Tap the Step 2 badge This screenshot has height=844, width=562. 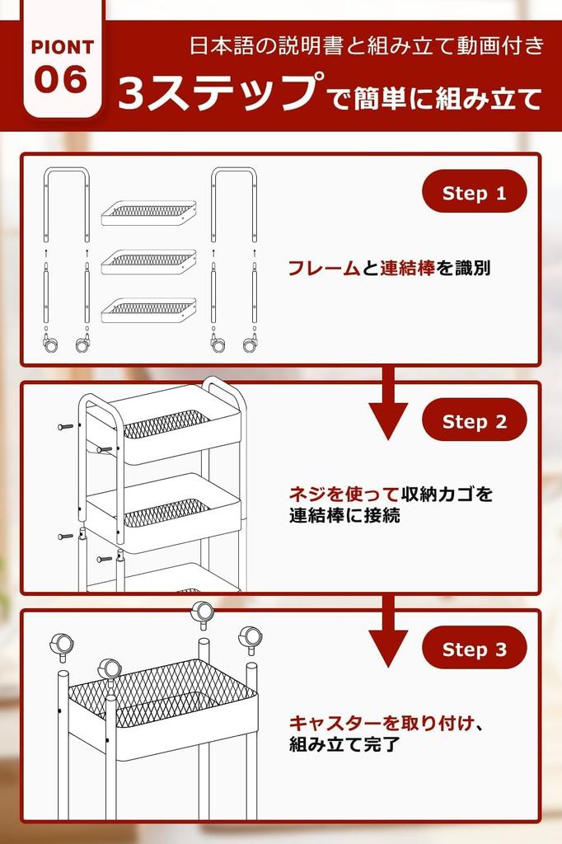click(474, 421)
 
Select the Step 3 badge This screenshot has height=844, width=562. click(474, 649)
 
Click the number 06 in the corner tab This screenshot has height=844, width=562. click(62, 81)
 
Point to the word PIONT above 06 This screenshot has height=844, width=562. click(62, 47)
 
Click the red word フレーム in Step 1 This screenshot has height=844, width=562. click(324, 268)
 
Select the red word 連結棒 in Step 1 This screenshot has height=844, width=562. click(407, 268)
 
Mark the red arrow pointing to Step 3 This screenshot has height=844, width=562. click(388, 636)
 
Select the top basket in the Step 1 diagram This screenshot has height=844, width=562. click(149, 213)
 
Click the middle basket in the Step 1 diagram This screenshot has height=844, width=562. click(149, 261)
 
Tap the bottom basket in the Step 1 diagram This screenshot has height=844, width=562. click(149, 310)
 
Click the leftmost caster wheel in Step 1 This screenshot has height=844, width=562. click(50, 344)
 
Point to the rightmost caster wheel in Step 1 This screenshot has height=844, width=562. click(250, 344)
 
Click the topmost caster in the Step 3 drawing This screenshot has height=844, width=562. click(201, 612)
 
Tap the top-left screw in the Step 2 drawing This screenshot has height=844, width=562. click(65, 426)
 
